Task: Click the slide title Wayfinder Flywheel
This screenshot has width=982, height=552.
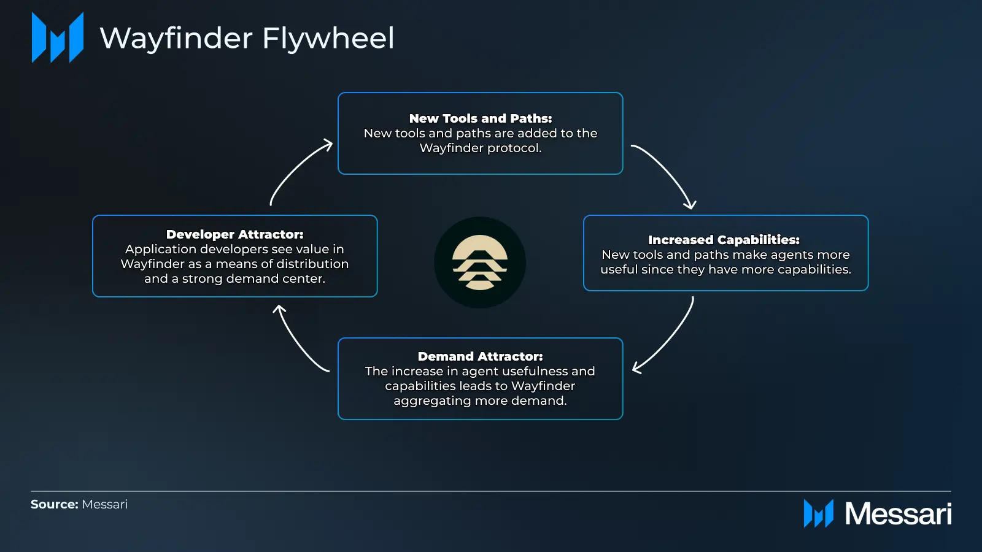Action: click(247, 39)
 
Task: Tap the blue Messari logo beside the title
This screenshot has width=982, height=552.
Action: click(58, 37)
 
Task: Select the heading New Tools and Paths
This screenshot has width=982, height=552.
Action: click(481, 118)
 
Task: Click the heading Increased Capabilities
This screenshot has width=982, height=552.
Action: click(724, 240)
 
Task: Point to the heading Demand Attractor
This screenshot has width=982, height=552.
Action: click(481, 356)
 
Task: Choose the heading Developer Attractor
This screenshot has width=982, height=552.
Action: click(235, 234)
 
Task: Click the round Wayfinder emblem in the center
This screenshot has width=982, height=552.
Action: click(480, 263)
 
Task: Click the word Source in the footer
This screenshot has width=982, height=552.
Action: click(55, 504)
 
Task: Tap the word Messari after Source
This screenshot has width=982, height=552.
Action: click(105, 504)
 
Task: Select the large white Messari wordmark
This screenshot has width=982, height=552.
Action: click(898, 514)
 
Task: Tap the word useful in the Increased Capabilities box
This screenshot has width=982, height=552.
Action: click(619, 269)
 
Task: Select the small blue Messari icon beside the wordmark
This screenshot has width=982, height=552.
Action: click(819, 514)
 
